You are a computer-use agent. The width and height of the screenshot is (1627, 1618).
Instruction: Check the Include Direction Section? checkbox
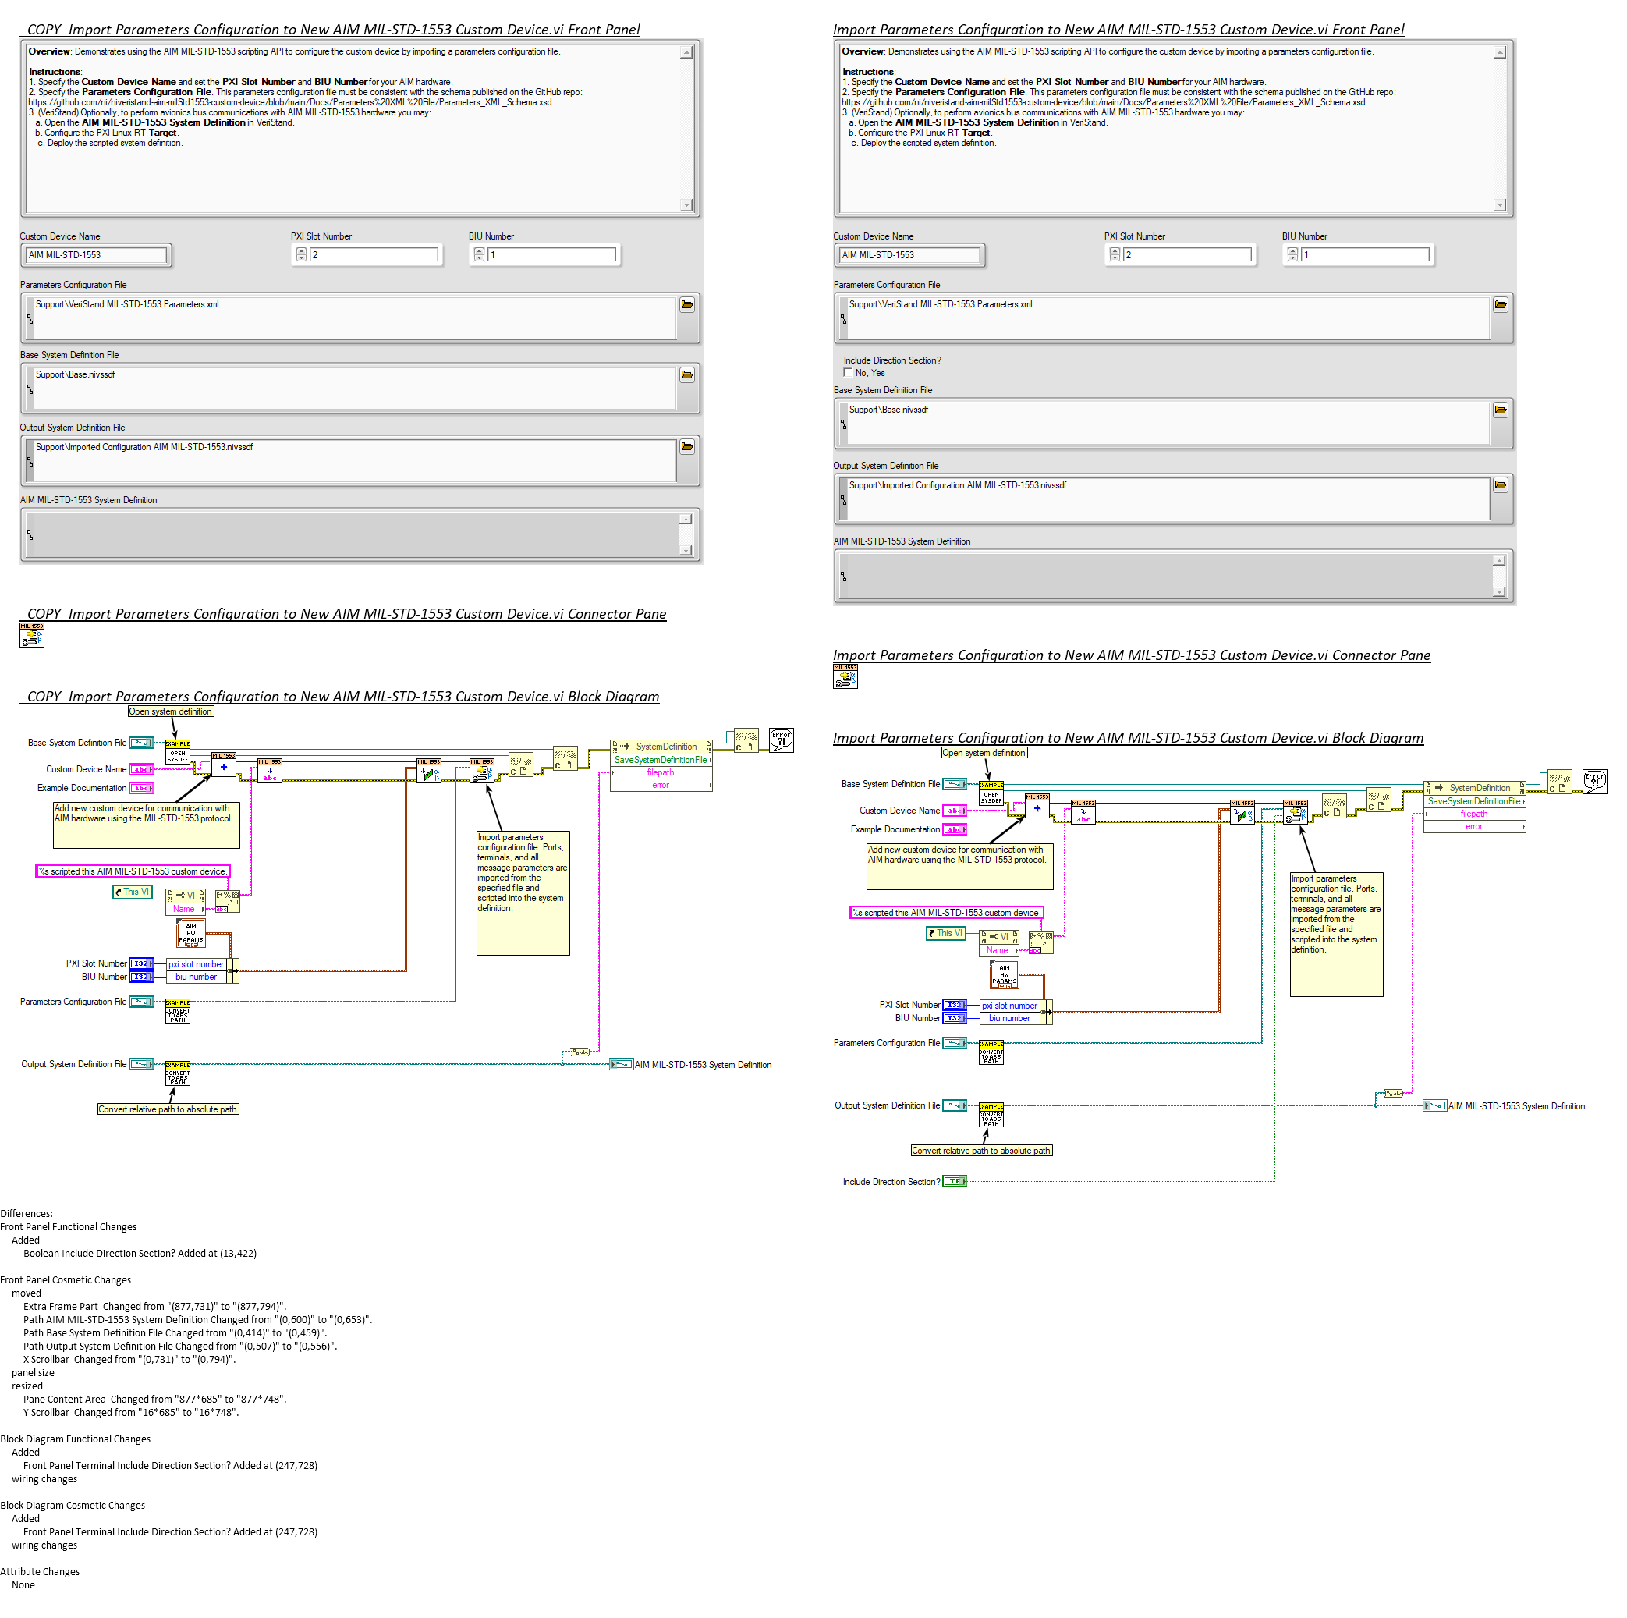[848, 372]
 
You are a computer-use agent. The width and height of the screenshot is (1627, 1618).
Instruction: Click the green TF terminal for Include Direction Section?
[954, 1182]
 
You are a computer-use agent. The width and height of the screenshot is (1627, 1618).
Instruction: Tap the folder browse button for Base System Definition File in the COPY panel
[687, 374]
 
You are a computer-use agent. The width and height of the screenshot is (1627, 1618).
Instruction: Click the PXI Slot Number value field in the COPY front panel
[374, 254]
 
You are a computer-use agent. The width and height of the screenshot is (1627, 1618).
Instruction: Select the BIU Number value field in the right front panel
[1364, 254]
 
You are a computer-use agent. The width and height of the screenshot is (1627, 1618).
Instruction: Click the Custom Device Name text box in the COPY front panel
[96, 254]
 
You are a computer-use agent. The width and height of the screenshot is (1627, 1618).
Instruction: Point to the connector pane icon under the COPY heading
[32, 635]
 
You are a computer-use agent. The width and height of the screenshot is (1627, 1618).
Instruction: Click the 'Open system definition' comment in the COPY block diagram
[171, 711]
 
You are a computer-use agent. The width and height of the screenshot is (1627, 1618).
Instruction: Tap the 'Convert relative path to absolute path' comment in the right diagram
[981, 1151]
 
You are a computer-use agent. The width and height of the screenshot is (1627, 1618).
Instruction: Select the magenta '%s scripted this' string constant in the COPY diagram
[133, 871]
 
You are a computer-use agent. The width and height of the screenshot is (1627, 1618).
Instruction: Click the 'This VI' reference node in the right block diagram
[946, 933]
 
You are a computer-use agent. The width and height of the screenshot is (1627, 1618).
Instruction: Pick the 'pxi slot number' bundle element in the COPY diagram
[197, 964]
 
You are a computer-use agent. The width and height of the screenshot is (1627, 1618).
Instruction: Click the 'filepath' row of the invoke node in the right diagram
[1473, 814]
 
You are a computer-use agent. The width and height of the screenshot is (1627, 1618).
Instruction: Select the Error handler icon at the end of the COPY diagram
[781, 740]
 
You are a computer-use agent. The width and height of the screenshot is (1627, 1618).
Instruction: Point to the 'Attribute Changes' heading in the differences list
[41, 1572]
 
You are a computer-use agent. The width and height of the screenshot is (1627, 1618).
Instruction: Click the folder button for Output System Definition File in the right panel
[1501, 485]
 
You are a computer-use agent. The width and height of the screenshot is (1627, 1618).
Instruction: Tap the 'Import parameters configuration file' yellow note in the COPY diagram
[523, 892]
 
